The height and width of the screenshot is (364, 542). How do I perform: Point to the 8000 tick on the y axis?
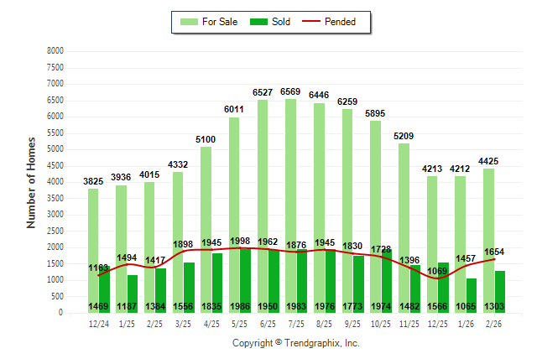click(x=55, y=51)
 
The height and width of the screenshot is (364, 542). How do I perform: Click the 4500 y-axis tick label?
click(x=55, y=165)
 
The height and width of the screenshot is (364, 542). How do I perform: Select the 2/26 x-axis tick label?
click(x=494, y=324)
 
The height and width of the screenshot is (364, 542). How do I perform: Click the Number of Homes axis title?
click(x=31, y=182)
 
